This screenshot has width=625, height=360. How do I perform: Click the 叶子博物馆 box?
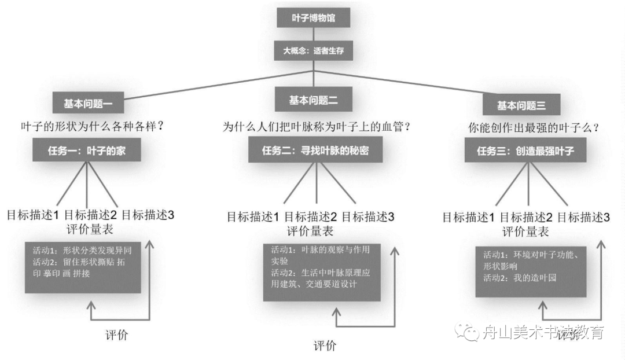[x=314, y=18]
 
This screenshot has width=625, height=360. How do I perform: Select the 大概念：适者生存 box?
[x=314, y=50]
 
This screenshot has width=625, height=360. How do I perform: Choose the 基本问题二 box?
[x=313, y=100]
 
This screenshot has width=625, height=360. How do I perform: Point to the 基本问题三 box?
[x=521, y=105]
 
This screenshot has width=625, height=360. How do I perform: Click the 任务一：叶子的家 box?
[x=87, y=152]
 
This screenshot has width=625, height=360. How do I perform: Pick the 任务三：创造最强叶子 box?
[x=525, y=152]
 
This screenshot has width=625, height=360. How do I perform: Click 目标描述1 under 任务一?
[x=33, y=215]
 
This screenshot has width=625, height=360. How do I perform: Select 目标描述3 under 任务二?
[x=368, y=218]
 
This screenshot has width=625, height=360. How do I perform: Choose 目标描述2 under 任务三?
[x=526, y=218]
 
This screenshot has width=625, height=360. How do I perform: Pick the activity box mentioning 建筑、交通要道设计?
[x=322, y=272]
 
